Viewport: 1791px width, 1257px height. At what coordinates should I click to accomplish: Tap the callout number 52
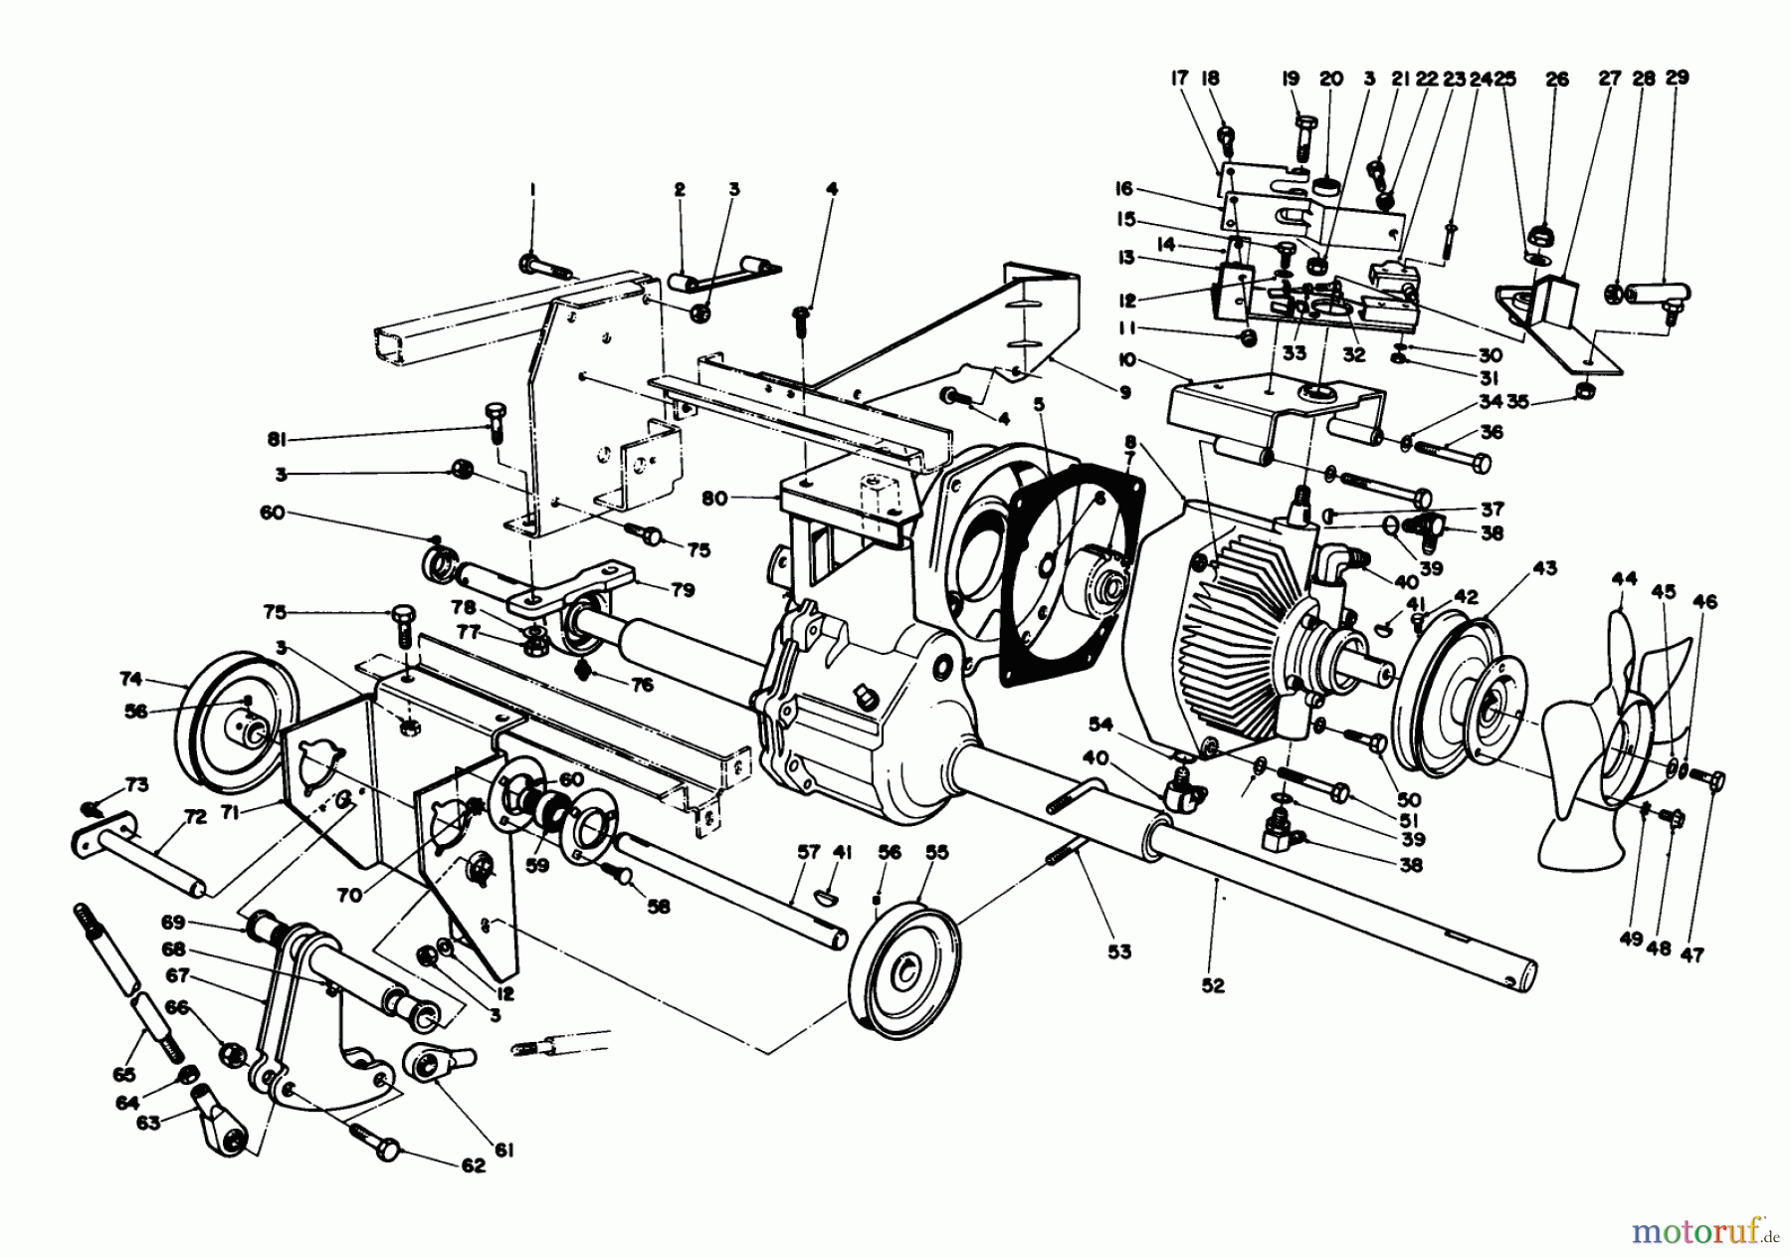click(x=1213, y=985)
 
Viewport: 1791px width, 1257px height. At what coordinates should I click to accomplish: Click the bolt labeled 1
click(x=544, y=267)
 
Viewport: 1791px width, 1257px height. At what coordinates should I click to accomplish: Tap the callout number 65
click(x=124, y=1074)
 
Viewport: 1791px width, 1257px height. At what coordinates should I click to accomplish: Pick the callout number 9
click(x=1124, y=392)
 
